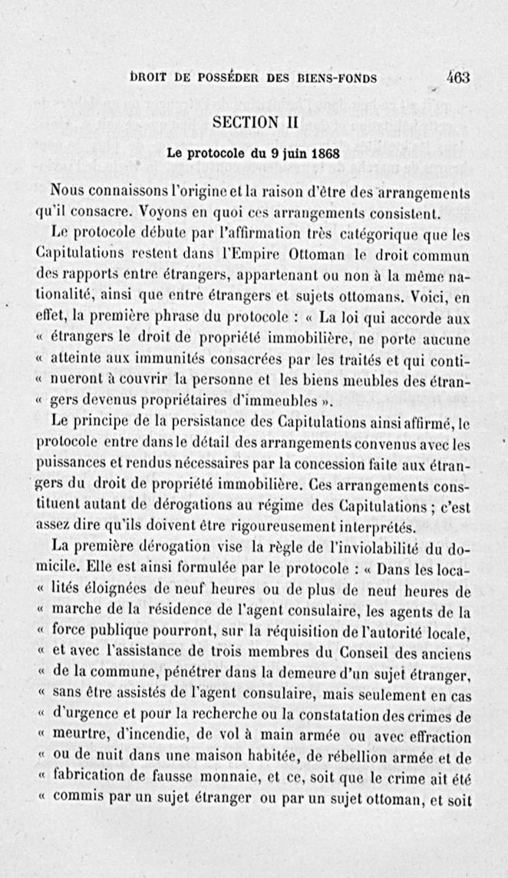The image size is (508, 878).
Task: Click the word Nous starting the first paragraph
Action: (68, 191)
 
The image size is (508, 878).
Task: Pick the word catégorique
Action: (387, 232)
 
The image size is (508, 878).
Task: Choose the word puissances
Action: (71, 465)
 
